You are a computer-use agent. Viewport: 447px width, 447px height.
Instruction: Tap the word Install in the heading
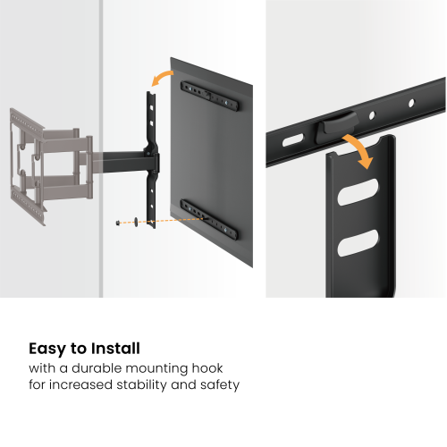pos(113,349)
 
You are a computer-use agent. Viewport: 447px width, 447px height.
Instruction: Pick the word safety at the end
pos(217,385)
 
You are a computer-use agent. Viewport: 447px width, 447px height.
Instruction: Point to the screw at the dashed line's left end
pos(118,223)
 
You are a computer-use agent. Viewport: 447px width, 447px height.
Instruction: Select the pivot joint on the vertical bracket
pos(154,162)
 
